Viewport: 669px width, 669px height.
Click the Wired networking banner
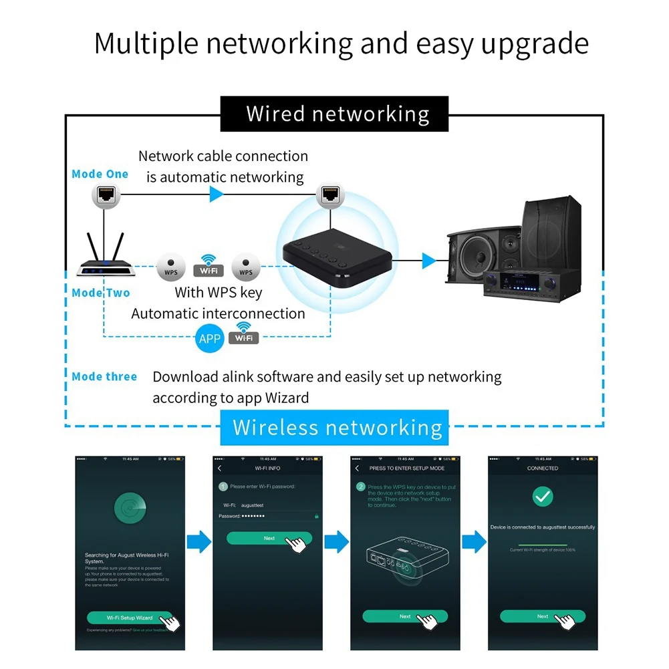coord(338,114)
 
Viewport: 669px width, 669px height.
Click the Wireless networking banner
coord(338,427)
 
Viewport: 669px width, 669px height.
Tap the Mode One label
coord(100,174)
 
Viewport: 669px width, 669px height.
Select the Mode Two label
coord(101,293)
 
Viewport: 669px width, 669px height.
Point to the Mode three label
coord(104,377)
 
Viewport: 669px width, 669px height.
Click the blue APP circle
coord(210,339)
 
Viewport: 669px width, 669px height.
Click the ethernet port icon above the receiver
coord(329,194)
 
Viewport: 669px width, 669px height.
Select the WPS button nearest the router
coord(170,268)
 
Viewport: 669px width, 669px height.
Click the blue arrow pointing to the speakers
coord(429,261)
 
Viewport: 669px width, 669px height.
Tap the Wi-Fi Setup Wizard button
coord(130,618)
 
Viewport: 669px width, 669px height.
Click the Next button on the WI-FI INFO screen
coord(269,538)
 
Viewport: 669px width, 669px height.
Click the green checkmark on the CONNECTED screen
coord(542,497)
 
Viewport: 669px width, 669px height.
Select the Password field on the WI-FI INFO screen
coord(267,516)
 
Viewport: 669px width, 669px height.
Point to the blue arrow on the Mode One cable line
coord(216,194)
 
